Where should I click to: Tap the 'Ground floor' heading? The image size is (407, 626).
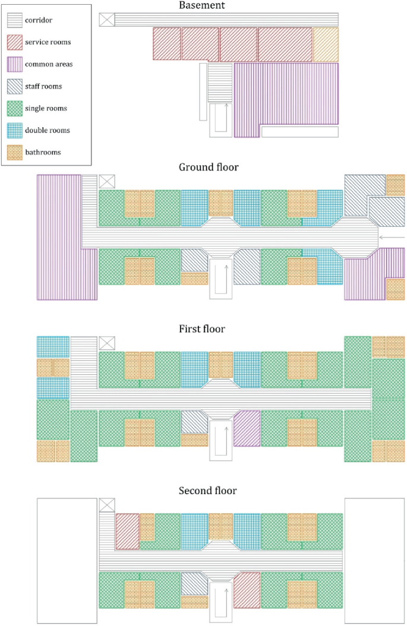click(x=209, y=167)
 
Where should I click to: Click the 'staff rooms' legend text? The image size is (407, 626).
click(x=43, y=86)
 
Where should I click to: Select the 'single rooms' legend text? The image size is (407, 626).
click(x=46, y=108)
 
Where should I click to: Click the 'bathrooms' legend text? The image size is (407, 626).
click(x=43, y=152)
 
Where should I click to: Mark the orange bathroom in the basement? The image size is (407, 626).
click(x=326, y=43)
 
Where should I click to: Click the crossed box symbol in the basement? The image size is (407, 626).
click(x=106, y=19)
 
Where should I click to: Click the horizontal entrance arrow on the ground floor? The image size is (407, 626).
click(x=392, y=238)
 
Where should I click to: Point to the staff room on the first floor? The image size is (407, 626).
click(x=194, y=422)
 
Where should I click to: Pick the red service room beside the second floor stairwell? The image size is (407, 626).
click(x=247, y=591)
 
